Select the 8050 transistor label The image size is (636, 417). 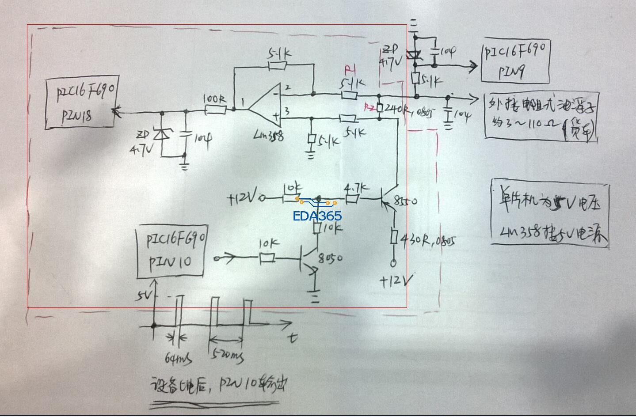pos(331,258)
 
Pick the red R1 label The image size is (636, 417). pos(350,70)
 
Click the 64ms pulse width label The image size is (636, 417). pos(178,359)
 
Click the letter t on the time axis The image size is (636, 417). pos(293,338)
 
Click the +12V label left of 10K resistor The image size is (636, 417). pos(243,199)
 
